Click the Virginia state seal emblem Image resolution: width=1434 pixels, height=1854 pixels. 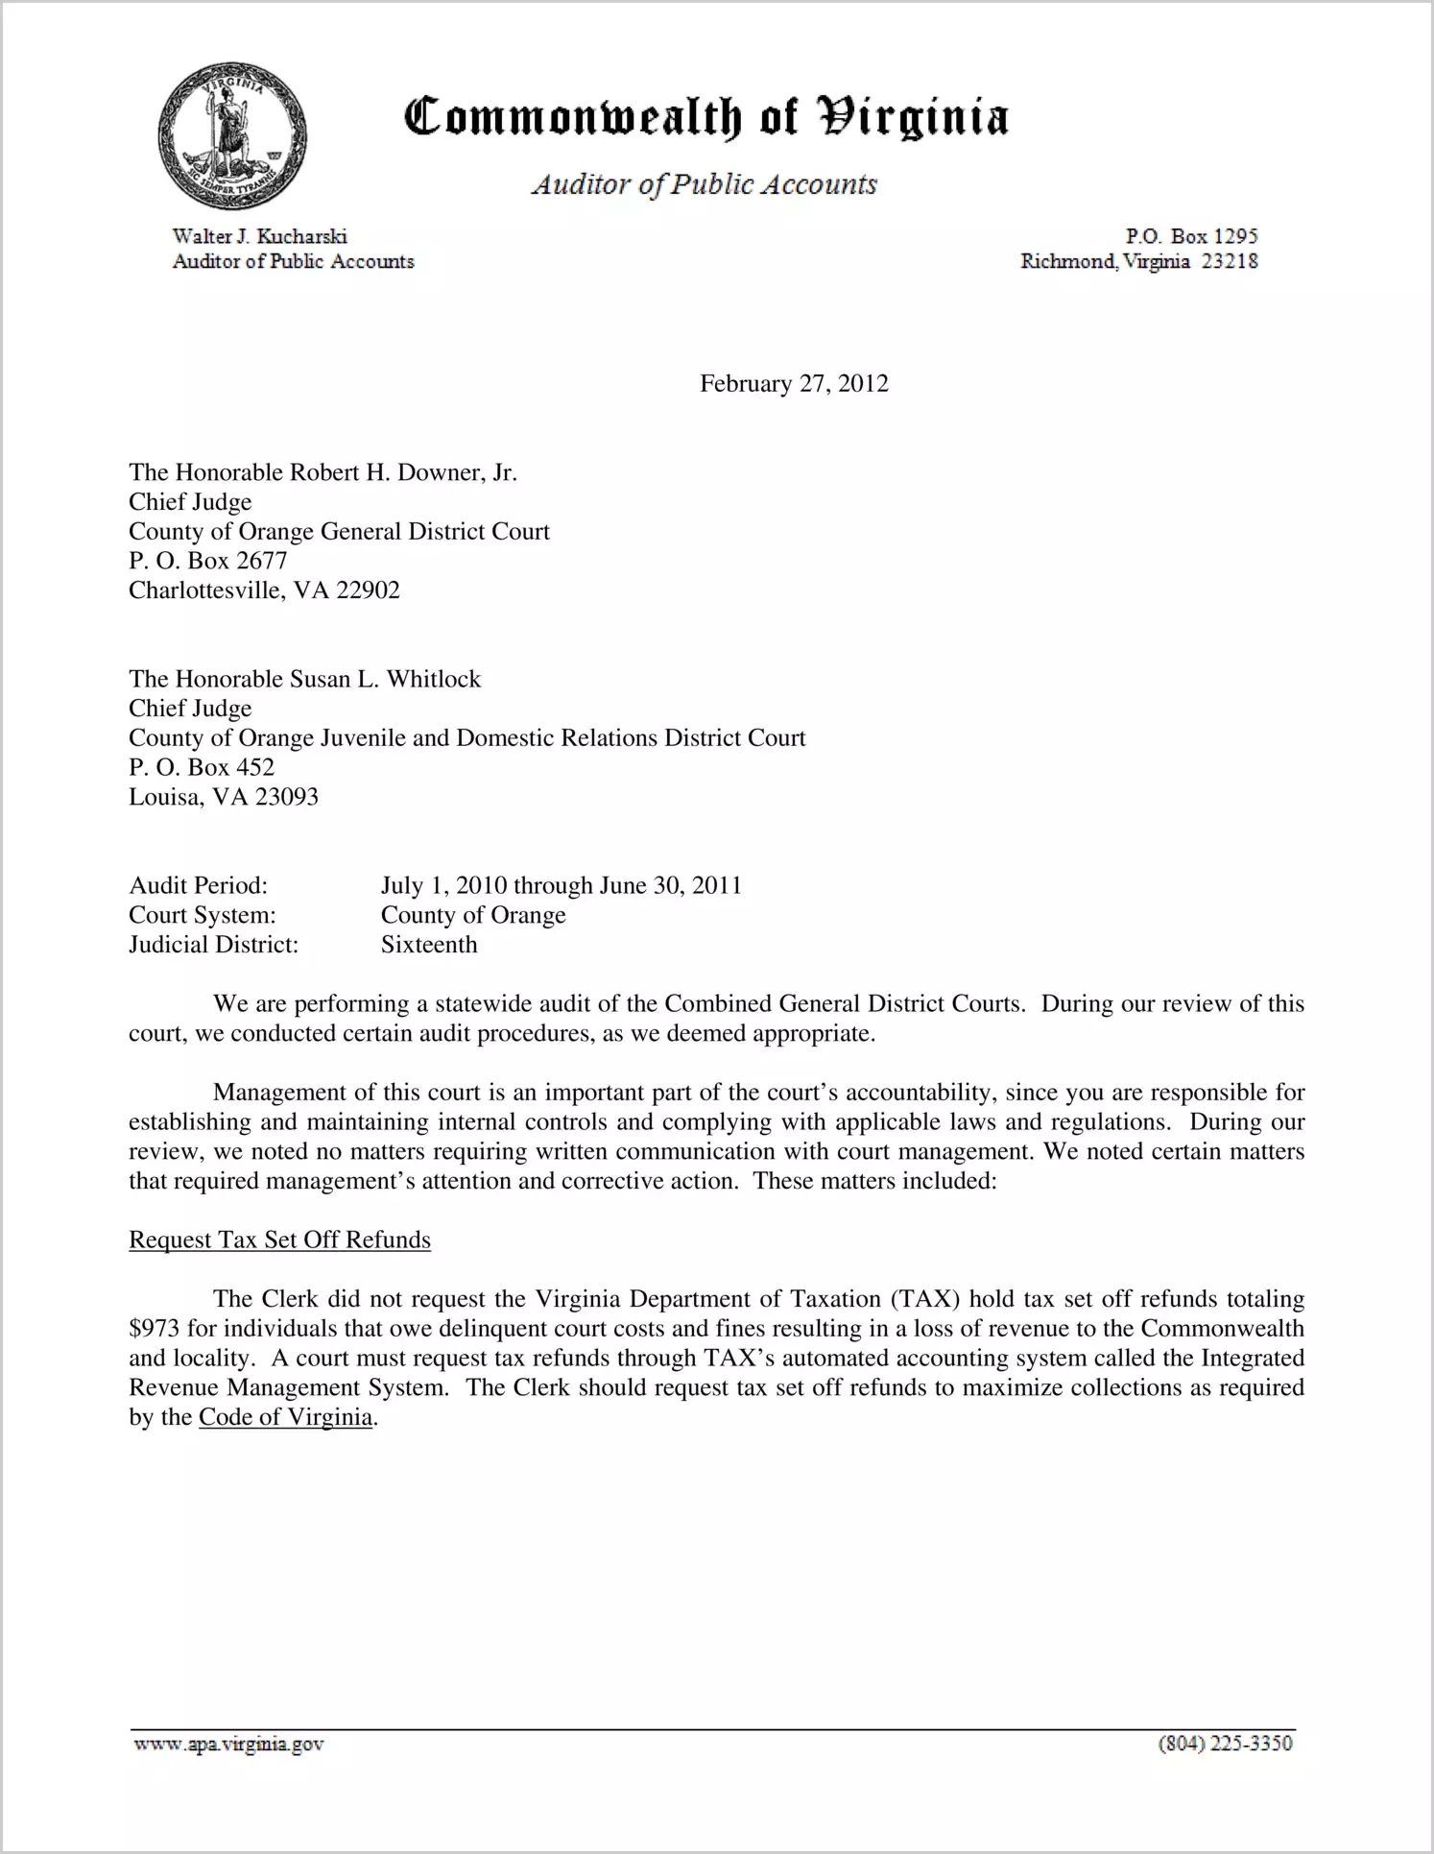pos(231,134)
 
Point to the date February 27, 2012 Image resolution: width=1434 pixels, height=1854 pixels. pos(794,384)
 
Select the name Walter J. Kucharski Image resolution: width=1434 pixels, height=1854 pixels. pos(259,236)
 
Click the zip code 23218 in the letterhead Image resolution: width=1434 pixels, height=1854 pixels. pos(1230,261)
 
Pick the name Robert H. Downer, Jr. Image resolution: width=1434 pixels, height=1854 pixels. pos(403,472)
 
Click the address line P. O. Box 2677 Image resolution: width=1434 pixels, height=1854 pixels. pos(208,561)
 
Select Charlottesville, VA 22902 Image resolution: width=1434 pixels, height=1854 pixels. pos(264,590)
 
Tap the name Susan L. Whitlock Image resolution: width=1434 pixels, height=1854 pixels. pos(385,679)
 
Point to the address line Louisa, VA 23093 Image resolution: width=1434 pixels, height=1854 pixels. pos(224,797)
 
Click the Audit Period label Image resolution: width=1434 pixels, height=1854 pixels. pos(198,885)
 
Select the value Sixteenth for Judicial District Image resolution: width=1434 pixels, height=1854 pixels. pos(429,945)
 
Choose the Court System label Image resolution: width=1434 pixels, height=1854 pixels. pos(203,915)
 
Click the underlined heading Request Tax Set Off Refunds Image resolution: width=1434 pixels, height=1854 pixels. pos(279,1240)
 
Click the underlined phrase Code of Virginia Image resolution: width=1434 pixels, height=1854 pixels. pos(285,1418)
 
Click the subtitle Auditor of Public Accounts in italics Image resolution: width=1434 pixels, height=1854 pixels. pos(705,184)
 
